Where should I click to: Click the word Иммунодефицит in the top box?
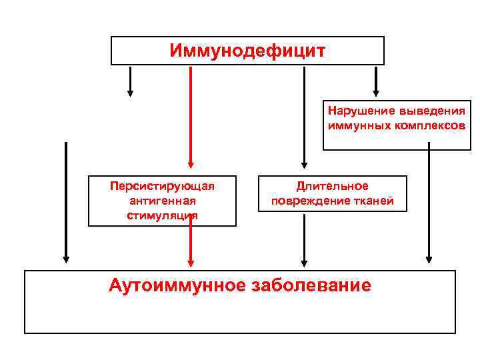pos(247,51)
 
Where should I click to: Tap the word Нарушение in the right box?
pos(359,111)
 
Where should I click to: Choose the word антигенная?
pos(162,200)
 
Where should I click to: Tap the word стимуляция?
pos(162,215)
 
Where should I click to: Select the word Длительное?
pos(333,186)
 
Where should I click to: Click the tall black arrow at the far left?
pos(65,200)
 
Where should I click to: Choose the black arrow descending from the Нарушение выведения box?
pos(429,207)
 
